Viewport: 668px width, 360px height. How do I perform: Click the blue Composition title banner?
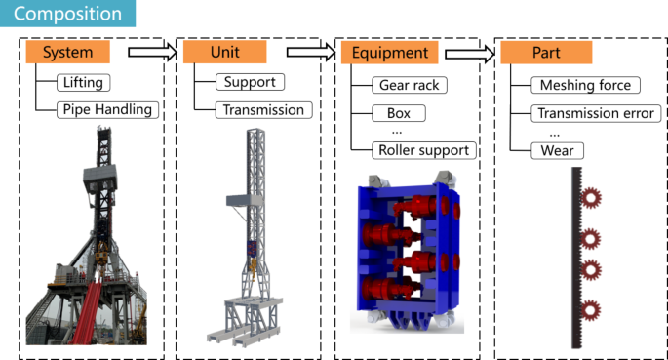tap(67, 14)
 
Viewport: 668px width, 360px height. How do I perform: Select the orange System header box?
tap(67, 52)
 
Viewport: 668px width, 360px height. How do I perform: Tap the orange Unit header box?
tap(225, 52)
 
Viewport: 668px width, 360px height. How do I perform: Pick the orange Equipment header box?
tap(390, 53)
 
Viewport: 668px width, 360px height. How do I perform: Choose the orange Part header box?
tap(546, 53)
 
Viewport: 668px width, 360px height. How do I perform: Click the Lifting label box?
tap(84, 82)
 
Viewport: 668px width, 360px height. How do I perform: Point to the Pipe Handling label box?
tap(108, 109)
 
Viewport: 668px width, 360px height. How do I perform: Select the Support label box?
tap(250, 82)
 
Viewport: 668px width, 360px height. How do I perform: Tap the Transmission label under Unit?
tap(263, 110)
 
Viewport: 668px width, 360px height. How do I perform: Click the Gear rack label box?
tap(410, 85)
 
